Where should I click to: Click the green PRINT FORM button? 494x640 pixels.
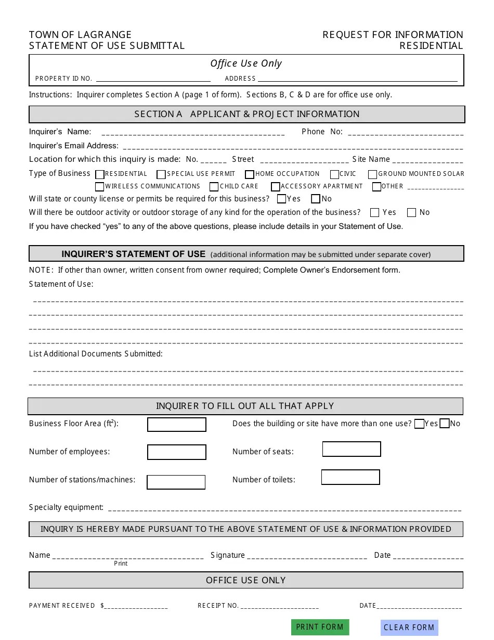(x=320, y=627)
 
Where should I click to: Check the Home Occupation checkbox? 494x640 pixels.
(x=250, y=174)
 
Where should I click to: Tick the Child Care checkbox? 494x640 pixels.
(x=214, y=187)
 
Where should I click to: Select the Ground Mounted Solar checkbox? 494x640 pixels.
(x=372, y=174)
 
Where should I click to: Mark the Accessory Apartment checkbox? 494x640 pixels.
(x=276, y=187)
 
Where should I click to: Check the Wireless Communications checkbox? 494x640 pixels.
(x=99, y=187)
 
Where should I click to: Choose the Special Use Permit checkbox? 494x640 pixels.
(x=161, y=174)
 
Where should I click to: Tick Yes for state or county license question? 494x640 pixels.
(x=282, y=199)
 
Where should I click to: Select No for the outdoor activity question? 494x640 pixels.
(x=411, y=212)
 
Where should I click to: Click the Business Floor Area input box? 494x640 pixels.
(x=177, y=425)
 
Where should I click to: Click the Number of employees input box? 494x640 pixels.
(x=177, y=452)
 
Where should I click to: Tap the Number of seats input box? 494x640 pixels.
(x=352, y=449)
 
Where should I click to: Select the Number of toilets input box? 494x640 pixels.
(x=350, y=477)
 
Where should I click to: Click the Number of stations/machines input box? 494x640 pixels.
(x=176, y=482)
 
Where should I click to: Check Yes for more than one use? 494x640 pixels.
(x=419, y=424)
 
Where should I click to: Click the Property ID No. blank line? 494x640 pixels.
(x=153, y=79)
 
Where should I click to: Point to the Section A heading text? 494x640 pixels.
(x=246, y=114)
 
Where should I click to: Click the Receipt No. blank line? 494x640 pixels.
(x=280, y=606)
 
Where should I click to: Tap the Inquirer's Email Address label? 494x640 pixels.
(x=74, y=146)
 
